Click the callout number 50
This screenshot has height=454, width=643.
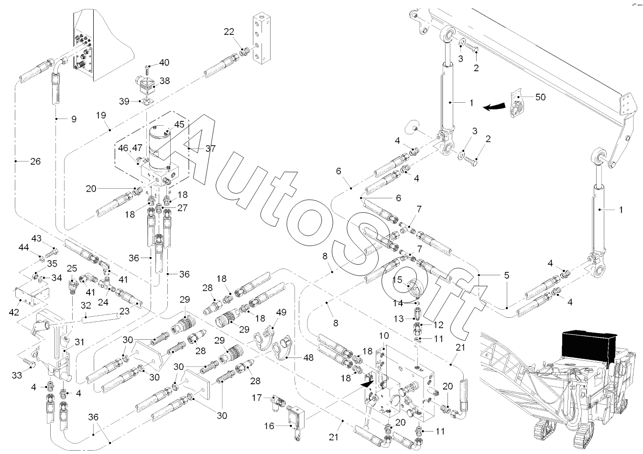(540, 97)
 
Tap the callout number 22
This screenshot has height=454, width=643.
(229, 32)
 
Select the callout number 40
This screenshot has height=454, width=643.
(164, 62)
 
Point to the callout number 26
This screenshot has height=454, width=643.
(35, 161)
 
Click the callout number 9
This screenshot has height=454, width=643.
(74, 119)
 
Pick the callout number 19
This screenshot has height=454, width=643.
(100, 115)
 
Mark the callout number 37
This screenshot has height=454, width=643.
(211, 149)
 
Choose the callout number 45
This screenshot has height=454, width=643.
(179, 124)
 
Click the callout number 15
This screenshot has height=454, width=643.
(397, 280)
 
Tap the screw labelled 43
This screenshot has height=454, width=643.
(51, 250)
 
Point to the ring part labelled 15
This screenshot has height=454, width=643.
(413, 288)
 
